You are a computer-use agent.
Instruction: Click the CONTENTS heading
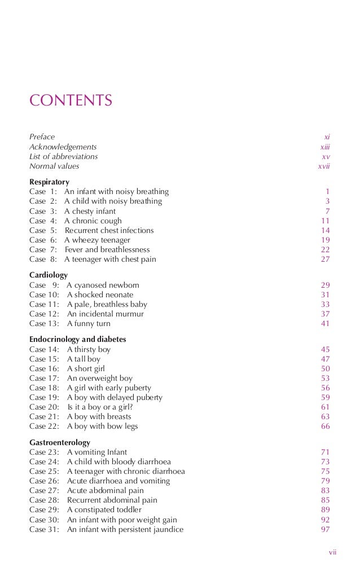71,101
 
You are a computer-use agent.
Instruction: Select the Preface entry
42,137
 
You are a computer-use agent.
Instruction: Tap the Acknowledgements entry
63,147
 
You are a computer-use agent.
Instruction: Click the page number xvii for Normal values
323,166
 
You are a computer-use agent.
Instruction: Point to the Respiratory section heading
49,182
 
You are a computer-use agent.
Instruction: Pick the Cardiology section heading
49,275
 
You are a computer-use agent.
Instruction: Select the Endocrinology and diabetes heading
77,340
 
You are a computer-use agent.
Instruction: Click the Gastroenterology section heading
59,442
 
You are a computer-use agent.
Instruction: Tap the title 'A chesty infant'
90,211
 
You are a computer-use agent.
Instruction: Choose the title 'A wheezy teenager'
97,240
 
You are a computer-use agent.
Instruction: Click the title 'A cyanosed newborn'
103,285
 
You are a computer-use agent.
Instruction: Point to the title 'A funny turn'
89,323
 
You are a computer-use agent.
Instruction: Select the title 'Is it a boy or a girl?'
104,407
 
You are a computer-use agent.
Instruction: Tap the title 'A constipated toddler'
104,510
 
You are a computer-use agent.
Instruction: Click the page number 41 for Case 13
325,323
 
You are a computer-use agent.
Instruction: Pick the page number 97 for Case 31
325,529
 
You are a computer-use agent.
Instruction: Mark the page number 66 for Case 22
325,426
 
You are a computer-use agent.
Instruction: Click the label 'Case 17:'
44,378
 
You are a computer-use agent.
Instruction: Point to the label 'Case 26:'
44,481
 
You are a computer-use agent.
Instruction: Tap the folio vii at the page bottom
332,552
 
